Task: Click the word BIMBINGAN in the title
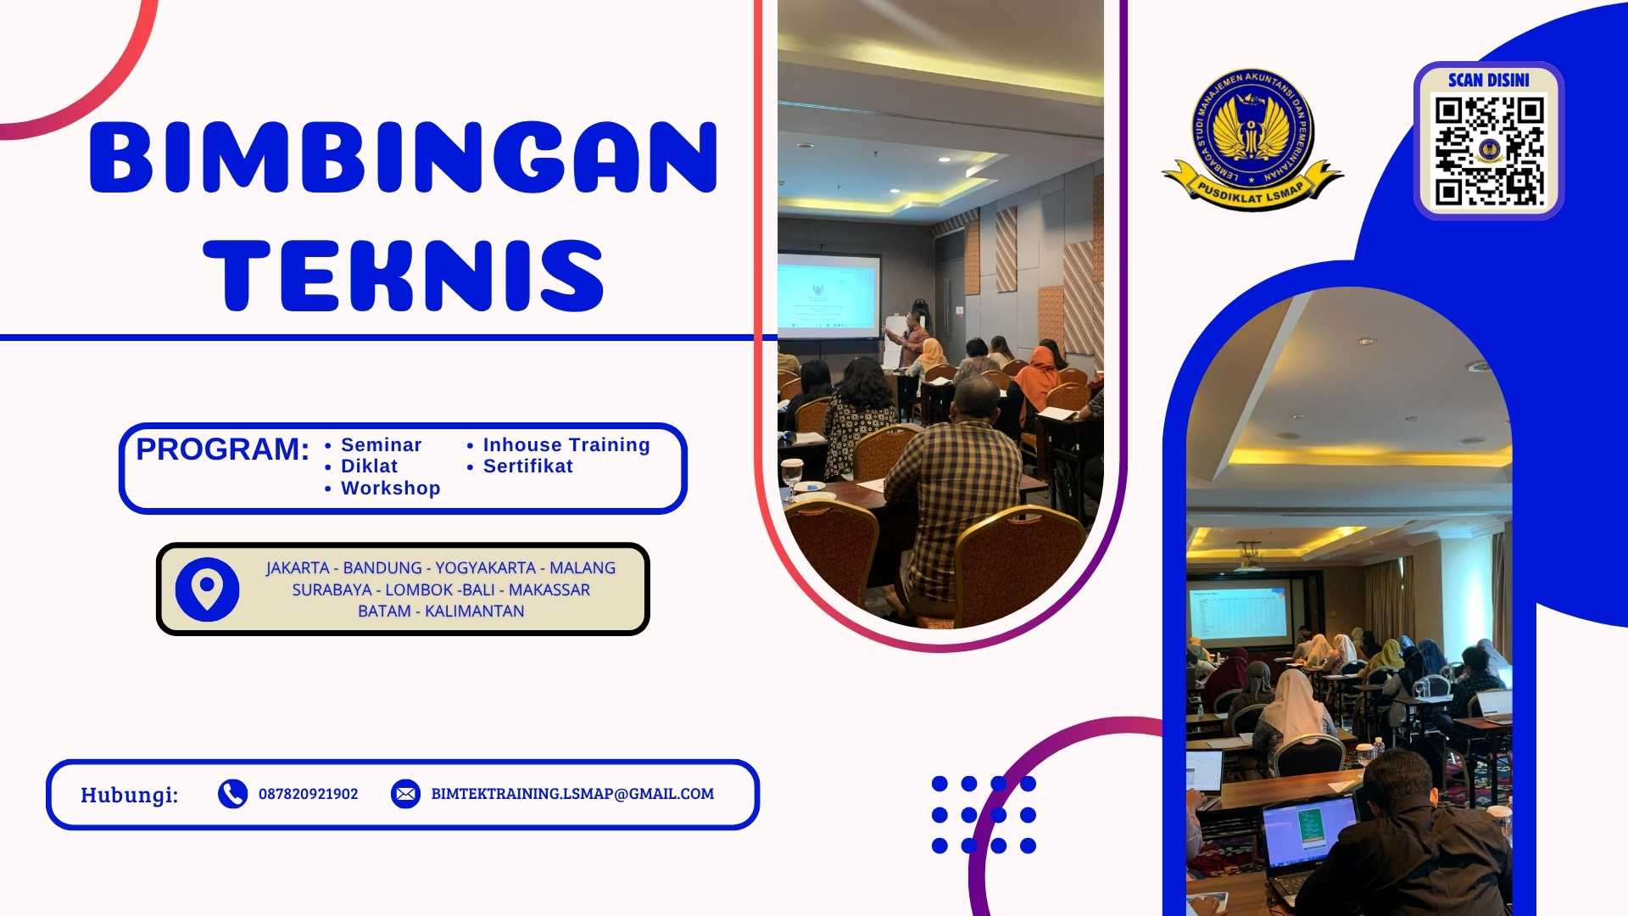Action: [x=404, y=157]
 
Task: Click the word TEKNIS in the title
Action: [x=404, y=275]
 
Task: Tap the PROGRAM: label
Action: [x=222, y=449]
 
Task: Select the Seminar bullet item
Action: [x=381, y=444]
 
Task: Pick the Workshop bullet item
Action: [x=390, y=488]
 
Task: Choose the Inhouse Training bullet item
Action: [x=566, y=444]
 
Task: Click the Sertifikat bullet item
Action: [x=527, y=466]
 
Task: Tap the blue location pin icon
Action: [x=207, y=589]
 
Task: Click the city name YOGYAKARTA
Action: [x=485, y=567]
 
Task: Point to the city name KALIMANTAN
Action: [x=474, y=611]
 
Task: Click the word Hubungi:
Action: [x=129, y=795]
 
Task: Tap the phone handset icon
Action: [x=232, y=794]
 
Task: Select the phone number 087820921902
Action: [x=308, y=794]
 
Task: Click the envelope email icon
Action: [x=405, y=794]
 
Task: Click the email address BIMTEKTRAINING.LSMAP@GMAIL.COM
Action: [x=572, y=794]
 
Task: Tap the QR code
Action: [x=1488, y=151]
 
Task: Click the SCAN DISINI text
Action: [x=1488, y=80]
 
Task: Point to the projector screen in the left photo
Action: [x=828, y=294]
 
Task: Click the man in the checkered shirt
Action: [x=954, y=492]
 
